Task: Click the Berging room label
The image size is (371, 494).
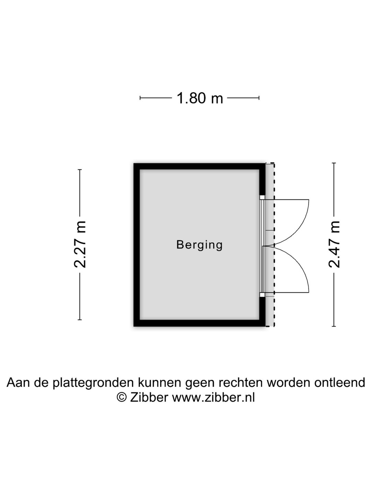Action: [x=199, y=245]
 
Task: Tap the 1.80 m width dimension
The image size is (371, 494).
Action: [x=200, y=98]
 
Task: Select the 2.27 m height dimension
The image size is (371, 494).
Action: [x=80, y=244]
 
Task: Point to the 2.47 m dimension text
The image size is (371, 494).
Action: [x=334, y=244]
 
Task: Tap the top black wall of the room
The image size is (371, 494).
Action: [x=199, y=166]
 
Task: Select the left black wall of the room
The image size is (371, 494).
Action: [x=137, y=245]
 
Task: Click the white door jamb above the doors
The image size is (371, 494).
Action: [x=262, y=197]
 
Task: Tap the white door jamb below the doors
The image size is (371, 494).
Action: [x=262, y=295]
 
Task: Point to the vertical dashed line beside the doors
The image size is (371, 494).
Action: [x=274, y=245]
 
